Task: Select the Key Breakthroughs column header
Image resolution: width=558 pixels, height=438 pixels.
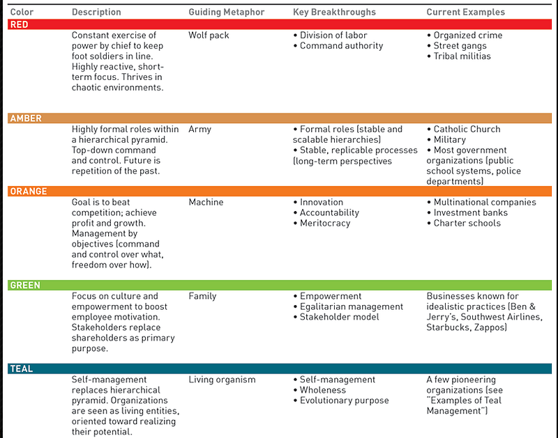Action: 334,12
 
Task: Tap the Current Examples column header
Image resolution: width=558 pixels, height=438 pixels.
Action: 466,12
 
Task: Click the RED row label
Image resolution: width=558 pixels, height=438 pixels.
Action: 20,24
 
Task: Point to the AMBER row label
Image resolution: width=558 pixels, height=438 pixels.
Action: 26,118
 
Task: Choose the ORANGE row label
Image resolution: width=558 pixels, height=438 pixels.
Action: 29,191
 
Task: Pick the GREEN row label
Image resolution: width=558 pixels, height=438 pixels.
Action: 25,285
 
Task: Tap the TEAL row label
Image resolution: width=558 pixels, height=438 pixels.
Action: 22,368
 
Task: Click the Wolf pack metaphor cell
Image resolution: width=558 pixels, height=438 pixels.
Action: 209,35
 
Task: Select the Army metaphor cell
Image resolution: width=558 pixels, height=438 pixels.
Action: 199,129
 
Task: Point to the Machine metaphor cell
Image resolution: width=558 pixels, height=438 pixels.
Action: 206,202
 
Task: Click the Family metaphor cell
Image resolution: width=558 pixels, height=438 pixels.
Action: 202,296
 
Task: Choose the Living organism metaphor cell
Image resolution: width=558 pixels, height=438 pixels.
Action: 222,380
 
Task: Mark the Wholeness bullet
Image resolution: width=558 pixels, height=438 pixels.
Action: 322,390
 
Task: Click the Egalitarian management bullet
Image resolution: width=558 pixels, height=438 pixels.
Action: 352,306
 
